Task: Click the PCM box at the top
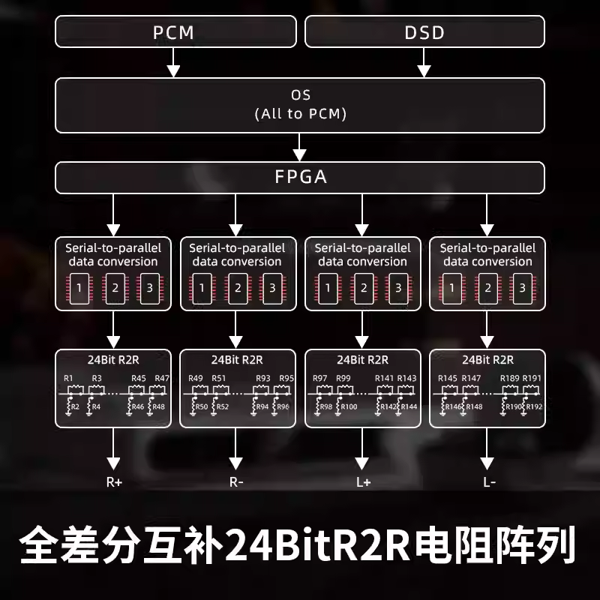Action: pyautogui.click(x=173, y=32)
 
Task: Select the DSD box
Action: pyautogui.click(x=424, y=32)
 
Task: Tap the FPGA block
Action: pyautogui.click(x=299, y=178)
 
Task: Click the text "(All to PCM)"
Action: pyautogui.click(x=300, y=114)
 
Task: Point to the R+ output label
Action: pyautogui.click(x=113, y=482)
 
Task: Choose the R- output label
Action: pyautogui.click(x=236, y=482)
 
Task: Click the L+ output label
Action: pyautogui.click(x=363, y=482)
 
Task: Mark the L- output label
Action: pyautogui.click(x=488, y=482)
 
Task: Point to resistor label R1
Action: pyautogui.click(x=69, y=378)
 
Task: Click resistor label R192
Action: pyautogui.click(x=533, y=406)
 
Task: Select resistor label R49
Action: pyautogui.click(x=195, y=378)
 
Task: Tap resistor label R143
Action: pyautogui.click(x=406, y=378)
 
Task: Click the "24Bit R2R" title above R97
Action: pyautogui.click(x=363, y=359)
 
